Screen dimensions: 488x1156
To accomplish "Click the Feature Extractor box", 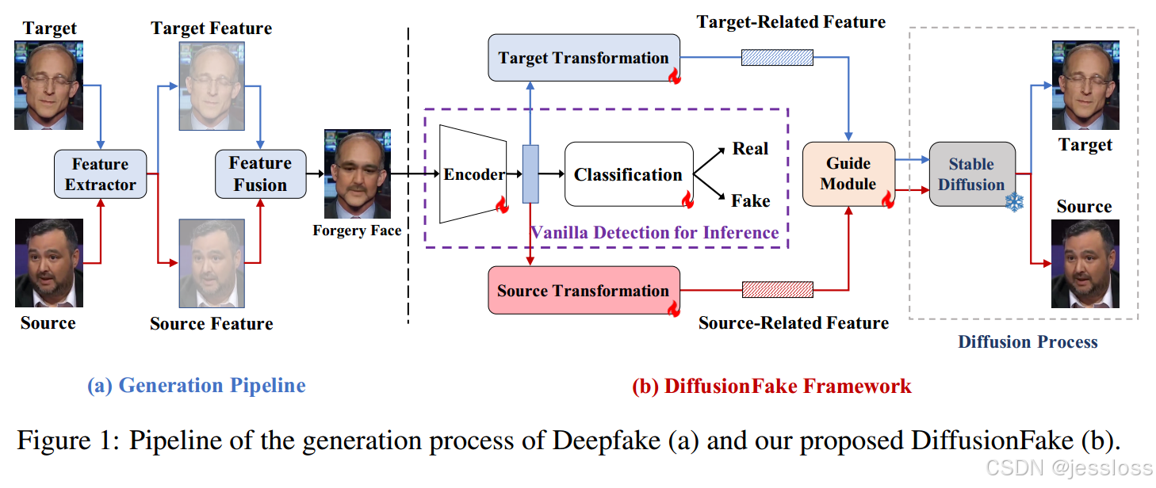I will pos(100,174).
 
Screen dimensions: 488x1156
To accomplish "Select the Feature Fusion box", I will pos(260,174).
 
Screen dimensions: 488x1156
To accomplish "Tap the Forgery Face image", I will pos(357,174).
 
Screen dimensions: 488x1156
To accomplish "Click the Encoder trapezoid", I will pos(473,174).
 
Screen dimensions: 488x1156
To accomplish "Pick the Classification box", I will pos(628,174).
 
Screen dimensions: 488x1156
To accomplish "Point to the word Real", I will pos(750,149).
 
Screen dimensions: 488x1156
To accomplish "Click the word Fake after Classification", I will pos(750,200).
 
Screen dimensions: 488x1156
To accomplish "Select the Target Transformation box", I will pos(584,58).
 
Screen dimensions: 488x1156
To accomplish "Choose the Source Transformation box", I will pos(584,291).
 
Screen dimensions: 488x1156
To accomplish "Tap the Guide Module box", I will pos(848,174).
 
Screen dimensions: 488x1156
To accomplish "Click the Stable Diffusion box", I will pos(971,174).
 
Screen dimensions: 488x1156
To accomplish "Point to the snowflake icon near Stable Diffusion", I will pos(1014,203).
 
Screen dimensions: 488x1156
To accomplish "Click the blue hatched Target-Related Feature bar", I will pos(777,57).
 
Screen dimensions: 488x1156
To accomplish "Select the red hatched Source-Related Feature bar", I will pos(777,290).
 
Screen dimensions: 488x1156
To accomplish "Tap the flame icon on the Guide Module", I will pos(888,199).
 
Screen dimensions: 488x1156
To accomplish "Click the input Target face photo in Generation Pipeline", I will pos(48,86).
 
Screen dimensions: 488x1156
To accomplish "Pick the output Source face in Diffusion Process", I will pos(1084,264).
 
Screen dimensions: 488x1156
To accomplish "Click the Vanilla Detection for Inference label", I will pos(654,232).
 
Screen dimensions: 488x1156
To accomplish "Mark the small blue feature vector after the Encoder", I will pos(530,173).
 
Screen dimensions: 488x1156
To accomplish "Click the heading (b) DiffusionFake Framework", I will pos(771,386).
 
